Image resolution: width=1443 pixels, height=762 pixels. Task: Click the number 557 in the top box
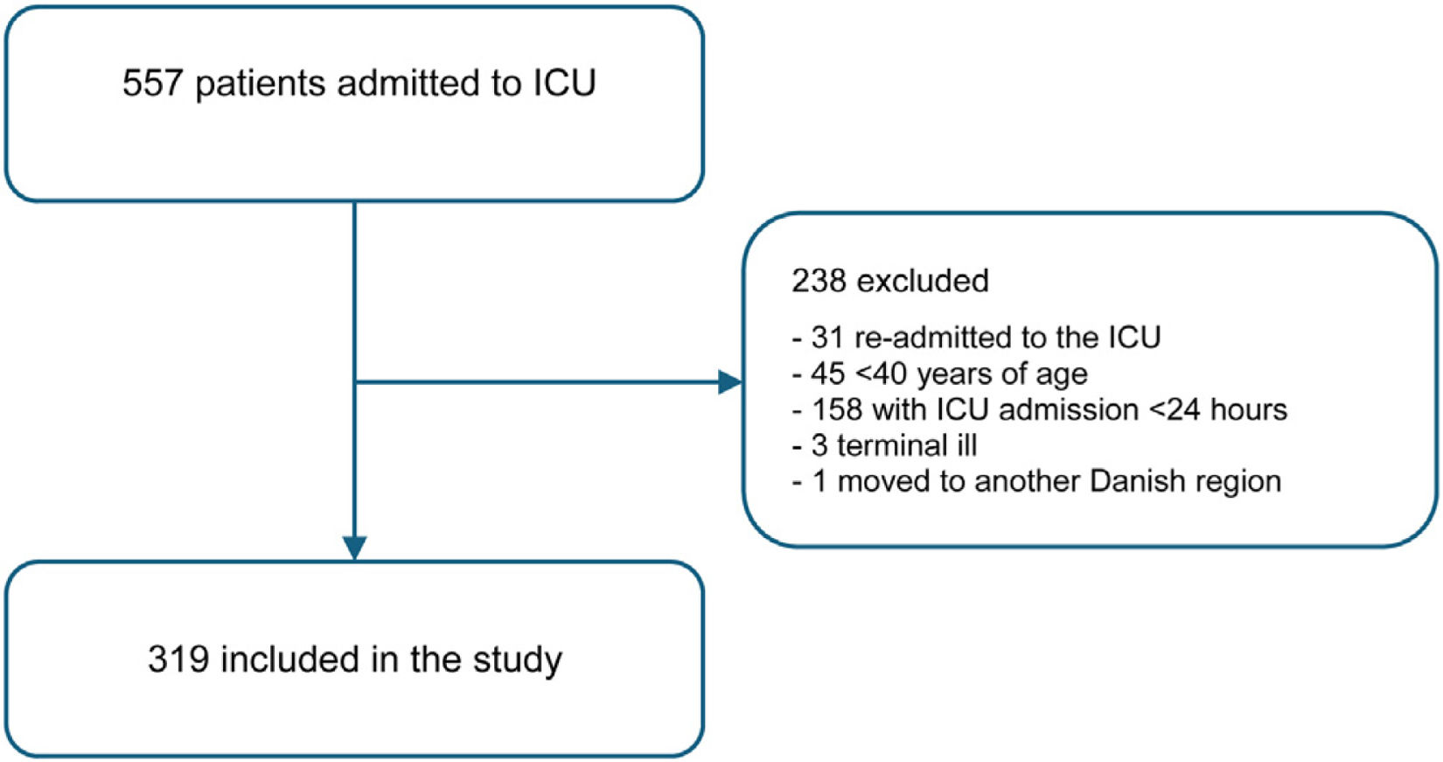click(x=153, y=83)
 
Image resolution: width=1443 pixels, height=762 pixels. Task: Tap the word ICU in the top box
click(x=564, y=83)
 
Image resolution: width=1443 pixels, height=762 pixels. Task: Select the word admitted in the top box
click(x=408, y=83)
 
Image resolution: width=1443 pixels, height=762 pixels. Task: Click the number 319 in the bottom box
click(x=178, y=659)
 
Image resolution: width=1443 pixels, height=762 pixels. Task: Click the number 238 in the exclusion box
click(x=819, y=281)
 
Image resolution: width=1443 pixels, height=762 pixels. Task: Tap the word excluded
click(x=924, y=281)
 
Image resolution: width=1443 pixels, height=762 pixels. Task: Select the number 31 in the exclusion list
click(x=827, y=337)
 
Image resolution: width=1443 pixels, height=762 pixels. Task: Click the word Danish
click(x=1138, y=481)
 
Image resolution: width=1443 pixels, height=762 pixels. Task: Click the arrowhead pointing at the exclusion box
click(x=730, y=382)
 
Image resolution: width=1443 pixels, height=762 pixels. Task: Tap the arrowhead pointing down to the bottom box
click(x=355, y=549)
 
